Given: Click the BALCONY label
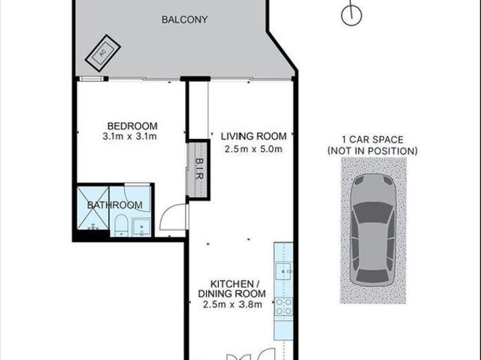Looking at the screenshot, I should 184,20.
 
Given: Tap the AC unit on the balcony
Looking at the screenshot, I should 101,50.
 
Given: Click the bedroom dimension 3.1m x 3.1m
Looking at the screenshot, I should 131,137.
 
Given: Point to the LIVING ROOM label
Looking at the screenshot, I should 253,136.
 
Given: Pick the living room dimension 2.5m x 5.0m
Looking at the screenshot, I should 253,148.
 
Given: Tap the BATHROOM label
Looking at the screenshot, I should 114,204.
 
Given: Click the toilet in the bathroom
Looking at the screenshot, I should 120,225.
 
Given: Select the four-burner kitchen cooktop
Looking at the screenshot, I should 284,305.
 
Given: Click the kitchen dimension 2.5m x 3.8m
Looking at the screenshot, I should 231,304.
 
